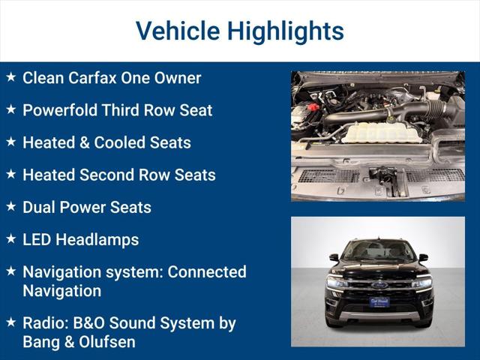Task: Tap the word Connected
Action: pyautogui.click(x=207, y=271)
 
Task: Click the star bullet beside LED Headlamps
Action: pyautogui.click(x=10, y=239)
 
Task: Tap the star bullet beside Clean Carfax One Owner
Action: pyautogui.click(x=10, y=77)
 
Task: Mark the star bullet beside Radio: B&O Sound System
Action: pyautogui.click(x=10, y=322)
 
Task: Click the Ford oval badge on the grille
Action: pyautogui.click(x=379, y=284)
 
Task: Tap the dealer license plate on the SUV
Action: pyautogui.click(x=379, y=301)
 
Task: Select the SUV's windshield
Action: pyautogui.click(x=379, y=250)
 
